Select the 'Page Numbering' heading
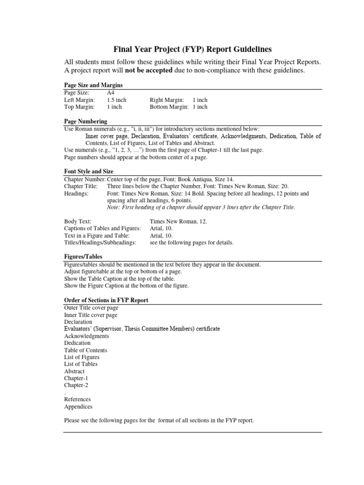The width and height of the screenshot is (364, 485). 85,121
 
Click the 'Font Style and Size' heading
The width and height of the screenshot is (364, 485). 89,171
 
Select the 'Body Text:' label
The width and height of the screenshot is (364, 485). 78,221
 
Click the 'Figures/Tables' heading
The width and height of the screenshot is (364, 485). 83,256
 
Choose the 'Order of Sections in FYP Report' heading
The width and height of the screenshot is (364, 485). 106,300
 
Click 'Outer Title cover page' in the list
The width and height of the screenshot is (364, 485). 91,308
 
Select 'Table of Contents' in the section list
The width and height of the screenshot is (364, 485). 85,350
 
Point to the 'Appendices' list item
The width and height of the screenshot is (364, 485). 78,406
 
